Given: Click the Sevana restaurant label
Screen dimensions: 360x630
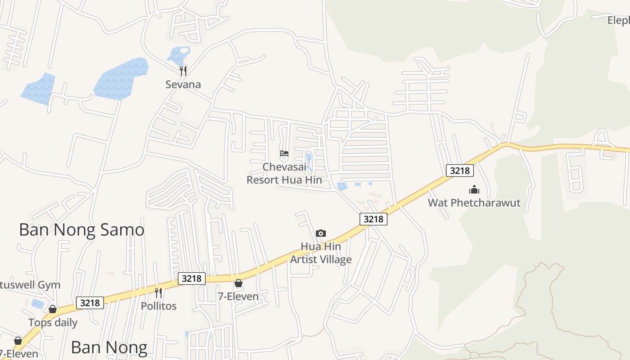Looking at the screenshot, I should point(183,84).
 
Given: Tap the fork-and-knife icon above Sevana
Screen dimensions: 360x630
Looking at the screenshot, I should point(183,71).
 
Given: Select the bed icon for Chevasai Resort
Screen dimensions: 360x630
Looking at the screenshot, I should point(284,153).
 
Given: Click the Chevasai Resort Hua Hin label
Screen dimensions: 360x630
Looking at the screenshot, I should point(284,173).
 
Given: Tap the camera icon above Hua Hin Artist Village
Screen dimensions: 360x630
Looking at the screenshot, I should point(320,233).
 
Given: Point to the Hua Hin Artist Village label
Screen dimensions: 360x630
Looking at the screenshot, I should point(320,253).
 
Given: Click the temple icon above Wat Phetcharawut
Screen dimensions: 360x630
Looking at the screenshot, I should point(474,189).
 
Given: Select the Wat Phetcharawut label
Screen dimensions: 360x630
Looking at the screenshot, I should point(474,202).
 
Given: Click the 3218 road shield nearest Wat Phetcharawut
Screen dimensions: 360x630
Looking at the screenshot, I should point(460,171).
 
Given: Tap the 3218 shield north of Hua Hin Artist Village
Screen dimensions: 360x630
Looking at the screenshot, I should point(373,219).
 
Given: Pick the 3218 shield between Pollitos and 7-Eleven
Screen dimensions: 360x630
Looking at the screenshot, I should point(192,279).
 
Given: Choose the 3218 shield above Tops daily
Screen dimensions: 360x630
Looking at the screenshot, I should point(90,303).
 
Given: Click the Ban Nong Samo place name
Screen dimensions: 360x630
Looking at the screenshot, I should point(81,229).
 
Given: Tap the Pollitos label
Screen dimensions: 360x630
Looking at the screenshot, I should point(158,306).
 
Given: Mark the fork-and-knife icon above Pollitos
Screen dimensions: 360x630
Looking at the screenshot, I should point(158,292).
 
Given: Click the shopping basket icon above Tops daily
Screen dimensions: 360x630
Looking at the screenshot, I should point(53,309).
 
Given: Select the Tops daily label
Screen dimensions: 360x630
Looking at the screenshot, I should point(53,323).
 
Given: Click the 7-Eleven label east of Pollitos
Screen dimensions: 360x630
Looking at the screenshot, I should point(238,296).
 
